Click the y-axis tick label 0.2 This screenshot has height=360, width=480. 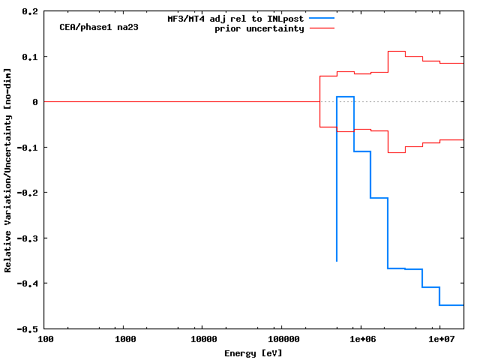pyautogui.click(x=30, y=12)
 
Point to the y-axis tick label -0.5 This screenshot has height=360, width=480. pyautogui.click(x=28, y=328)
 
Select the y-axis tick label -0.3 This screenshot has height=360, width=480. pyautogui.click(x=28, y=238)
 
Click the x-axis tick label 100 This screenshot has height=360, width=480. pyautogui.click(x=46, y=340)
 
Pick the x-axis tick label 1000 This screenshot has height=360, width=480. pyautogui.click(x=125, y=340)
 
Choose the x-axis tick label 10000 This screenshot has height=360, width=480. pyautogui.click(x=203, y=340)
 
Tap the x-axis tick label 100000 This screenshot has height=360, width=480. pyautogui.click(x=282, y=340)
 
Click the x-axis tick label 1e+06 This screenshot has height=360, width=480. pyautogui.click(x=361, y=340)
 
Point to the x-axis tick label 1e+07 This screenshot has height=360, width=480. pyautogui.click(x=439, y=340)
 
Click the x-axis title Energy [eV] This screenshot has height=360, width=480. pyautogui.click(x=253, y=352)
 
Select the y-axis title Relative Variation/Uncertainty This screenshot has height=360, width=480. pyautogui.click(x=8, y=169)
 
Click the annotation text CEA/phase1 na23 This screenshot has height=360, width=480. pyautogui.click(x=99, y=27)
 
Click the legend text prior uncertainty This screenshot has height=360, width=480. pyautogui.click(x=259, y=28)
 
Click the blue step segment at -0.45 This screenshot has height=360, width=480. pyautogui.click(x=451, y=305)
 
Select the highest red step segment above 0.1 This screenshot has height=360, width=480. pyautogui.click(x=396, y=52)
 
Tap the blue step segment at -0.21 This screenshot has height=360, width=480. pyautogui.click(x=379, y=198)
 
